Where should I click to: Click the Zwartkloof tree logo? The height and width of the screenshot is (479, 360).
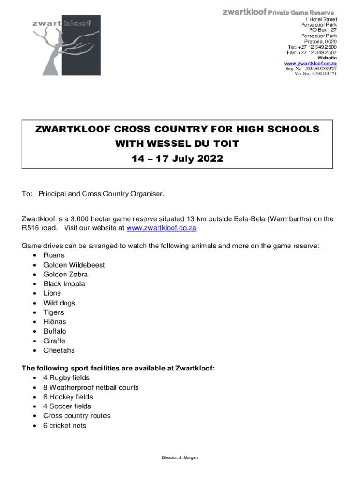(x=65, y=45)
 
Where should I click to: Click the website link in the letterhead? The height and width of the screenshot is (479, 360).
(x=310, y=63)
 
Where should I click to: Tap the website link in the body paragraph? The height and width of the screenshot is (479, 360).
(x=161, y=228)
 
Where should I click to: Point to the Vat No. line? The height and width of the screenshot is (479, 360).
(x=315, y=74)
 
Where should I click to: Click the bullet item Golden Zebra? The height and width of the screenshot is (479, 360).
(x=65, y=275)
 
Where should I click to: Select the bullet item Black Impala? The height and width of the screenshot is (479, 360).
(x=64, y=284)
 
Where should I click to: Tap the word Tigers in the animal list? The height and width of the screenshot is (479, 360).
(x=54, y=312)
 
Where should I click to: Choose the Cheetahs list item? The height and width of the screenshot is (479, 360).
(x=59, y=350)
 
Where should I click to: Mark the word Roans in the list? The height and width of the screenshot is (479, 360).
(x=54, y=255)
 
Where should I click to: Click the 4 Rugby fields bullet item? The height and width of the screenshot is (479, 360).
(x=66, y=378)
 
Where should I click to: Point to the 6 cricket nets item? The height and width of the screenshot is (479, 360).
(x=65, y=426)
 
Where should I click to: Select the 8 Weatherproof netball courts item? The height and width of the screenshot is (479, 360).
(x=91, y=387)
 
